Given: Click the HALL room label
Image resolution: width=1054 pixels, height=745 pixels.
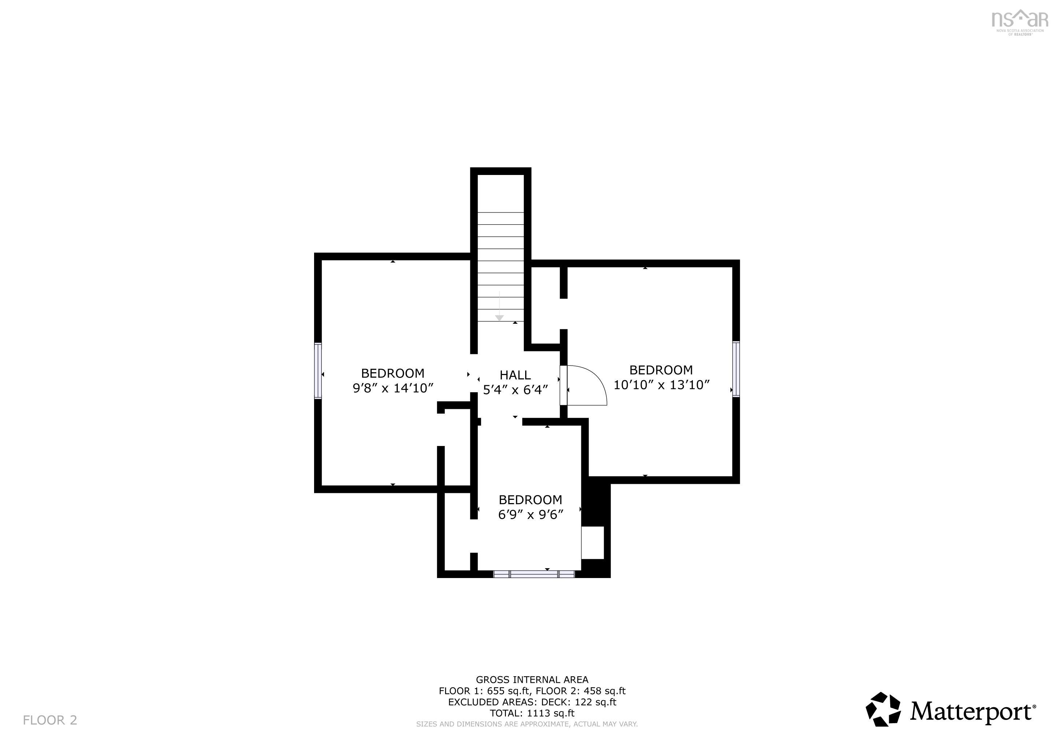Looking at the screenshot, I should (515, 375).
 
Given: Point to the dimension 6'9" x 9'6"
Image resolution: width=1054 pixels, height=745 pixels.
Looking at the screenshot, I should (530, 515).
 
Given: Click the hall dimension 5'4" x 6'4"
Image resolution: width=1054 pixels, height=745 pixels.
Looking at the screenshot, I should (515, 390).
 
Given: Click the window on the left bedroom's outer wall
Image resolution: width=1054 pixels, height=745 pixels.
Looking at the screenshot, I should (317, 370).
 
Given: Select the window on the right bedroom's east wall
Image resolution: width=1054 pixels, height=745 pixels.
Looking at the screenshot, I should (736, 368).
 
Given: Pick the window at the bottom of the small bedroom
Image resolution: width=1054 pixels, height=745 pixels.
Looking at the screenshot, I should (534, 574).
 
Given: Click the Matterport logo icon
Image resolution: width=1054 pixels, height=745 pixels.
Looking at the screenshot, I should (883, 710).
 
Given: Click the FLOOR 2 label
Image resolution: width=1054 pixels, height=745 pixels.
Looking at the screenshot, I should (50, 720).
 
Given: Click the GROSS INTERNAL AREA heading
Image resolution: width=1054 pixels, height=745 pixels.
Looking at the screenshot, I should (532, 680).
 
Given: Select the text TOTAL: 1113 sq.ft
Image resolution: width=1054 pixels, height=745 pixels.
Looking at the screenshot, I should (532, 713).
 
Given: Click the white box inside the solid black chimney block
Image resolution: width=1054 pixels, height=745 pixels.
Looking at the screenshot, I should (593, 543).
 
